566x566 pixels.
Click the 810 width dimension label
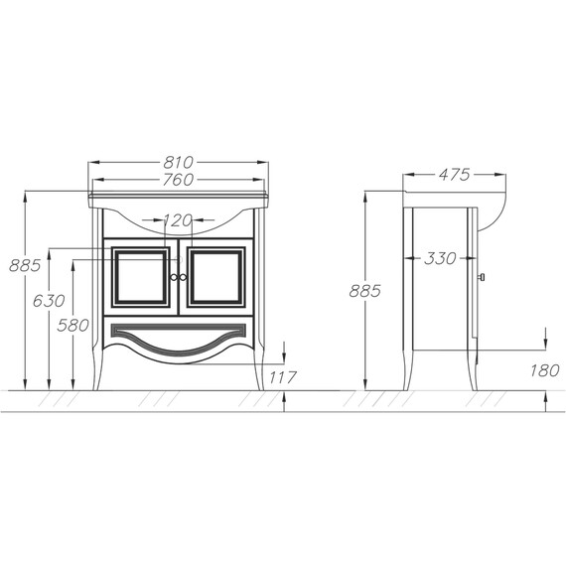tap(179, 163)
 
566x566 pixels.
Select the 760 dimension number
tap(179, 180)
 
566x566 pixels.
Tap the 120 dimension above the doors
tap(178, 220)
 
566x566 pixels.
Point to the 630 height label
tap(49, 301)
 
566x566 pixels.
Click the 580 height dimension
tap(72, 326)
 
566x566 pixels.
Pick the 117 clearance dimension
tap(283, 377)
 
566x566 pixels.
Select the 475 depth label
tap(455, 175)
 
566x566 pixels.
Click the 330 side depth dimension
tap(440, 258)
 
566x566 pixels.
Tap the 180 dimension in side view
tap(545, 370)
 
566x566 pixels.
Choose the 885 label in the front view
tap(25, 266)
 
